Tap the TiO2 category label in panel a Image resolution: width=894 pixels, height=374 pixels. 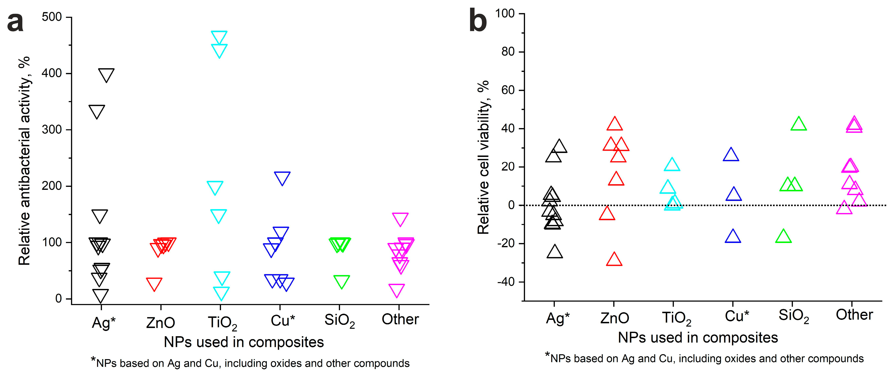click(222, 323)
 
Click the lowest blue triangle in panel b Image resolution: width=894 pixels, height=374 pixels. click(733, 237)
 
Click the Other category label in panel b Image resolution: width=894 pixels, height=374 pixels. click(854, 315)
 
